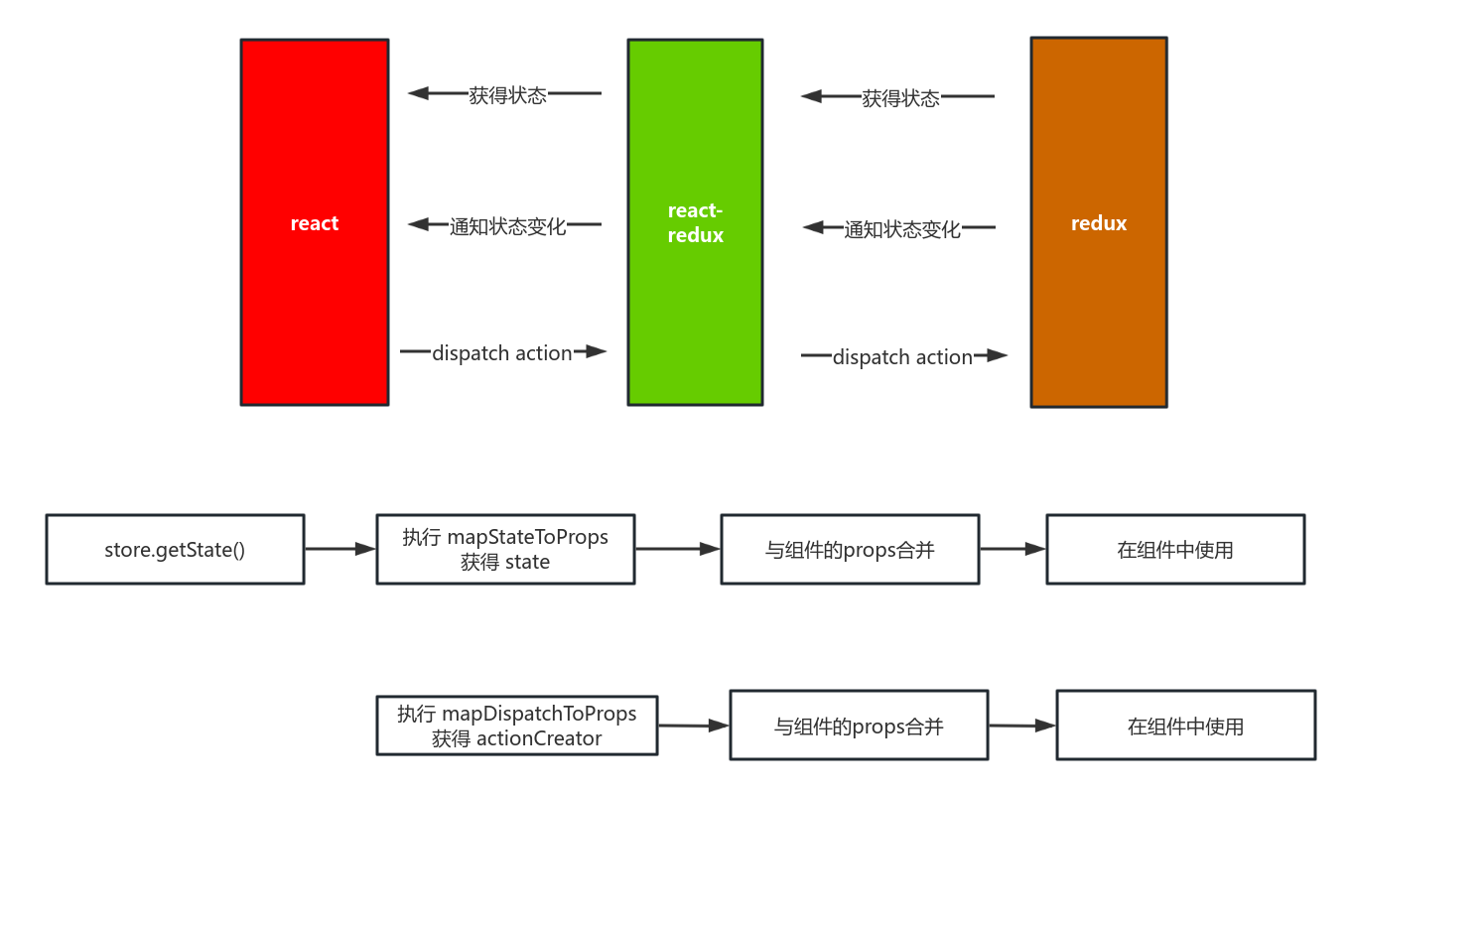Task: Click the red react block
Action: pos(314,222)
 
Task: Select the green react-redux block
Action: pos(695,222)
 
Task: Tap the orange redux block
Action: pos(1098,222)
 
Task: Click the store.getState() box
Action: pos(175,549)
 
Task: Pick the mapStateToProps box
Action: pos(505,549)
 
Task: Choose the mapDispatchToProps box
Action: pos(516,726)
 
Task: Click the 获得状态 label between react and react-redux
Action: pos(507,95)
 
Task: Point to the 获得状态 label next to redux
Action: pos(900,98)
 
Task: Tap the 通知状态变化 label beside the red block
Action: pos(507,226)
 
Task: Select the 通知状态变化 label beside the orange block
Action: pos(902,229)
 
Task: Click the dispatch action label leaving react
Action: pos(502,353)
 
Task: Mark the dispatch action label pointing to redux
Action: pos(902,357)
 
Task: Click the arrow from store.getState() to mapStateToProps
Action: pos(339,549)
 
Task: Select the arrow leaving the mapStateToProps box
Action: pos(677,549)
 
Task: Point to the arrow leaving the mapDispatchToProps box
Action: pos(693,726)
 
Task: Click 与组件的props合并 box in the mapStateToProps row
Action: pos(850,549)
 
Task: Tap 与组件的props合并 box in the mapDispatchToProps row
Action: pos(859,726)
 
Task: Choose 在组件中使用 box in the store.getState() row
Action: pos(1175,549)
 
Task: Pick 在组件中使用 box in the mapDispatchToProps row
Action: pos(1185,726)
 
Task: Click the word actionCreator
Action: pos(539,738)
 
